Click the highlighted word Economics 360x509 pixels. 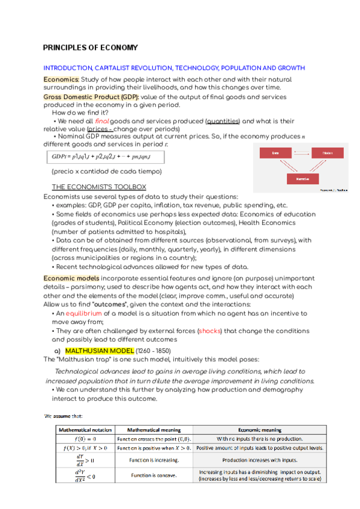click(x=61, y=79)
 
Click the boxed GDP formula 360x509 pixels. click(x=105, y=157)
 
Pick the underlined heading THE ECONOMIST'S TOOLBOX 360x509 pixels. click(x=98, y=187)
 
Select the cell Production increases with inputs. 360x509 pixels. click(x=260, y=460)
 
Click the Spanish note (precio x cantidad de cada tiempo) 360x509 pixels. click(x=106, y=172)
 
